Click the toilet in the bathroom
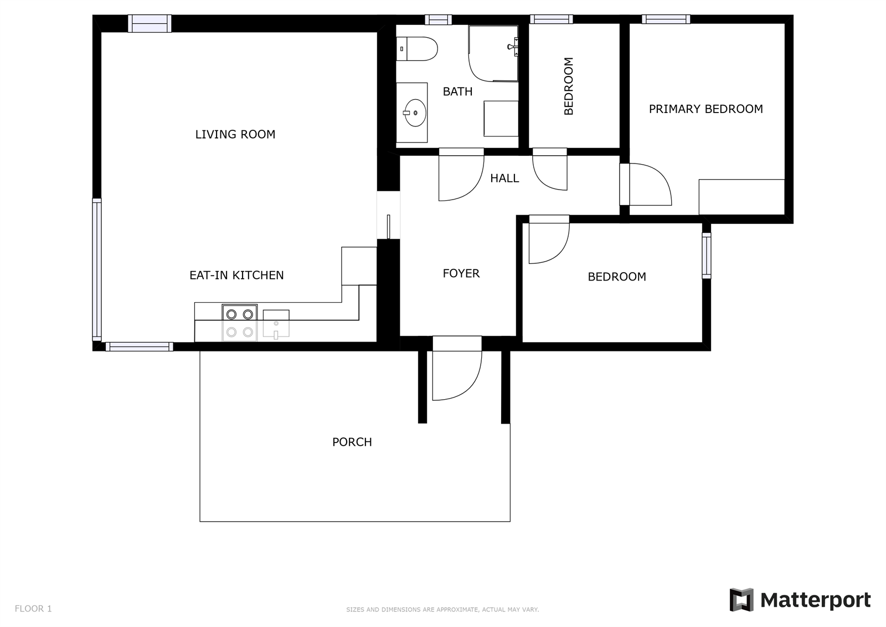(417, 49)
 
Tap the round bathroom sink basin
(415, 113)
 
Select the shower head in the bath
(513, 47)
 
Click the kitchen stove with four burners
(240, 323)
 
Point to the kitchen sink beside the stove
(276, 324)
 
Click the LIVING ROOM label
(235, 135)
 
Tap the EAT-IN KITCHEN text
(236, 276)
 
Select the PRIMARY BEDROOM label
(706, 109)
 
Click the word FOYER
(461, 273)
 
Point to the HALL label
(504, 179)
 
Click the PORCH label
(352, 442)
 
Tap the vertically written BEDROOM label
(568, 86)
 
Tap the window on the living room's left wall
(97, 270)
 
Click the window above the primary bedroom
(666, 19)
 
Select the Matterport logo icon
(741, 600)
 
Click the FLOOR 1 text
(33, 609)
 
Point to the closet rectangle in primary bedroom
(741, 197)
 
